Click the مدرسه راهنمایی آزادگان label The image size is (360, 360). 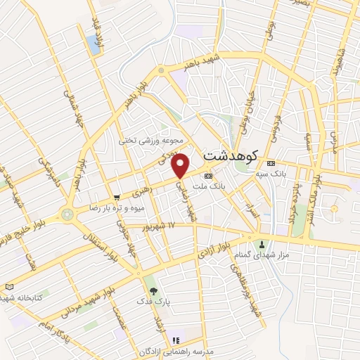pyautogui.click(x=173, y=350)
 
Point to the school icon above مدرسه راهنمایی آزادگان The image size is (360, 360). pyautogui.click(x=176, y=341)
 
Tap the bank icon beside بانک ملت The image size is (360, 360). pyautogui.click(x=208, y=176)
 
